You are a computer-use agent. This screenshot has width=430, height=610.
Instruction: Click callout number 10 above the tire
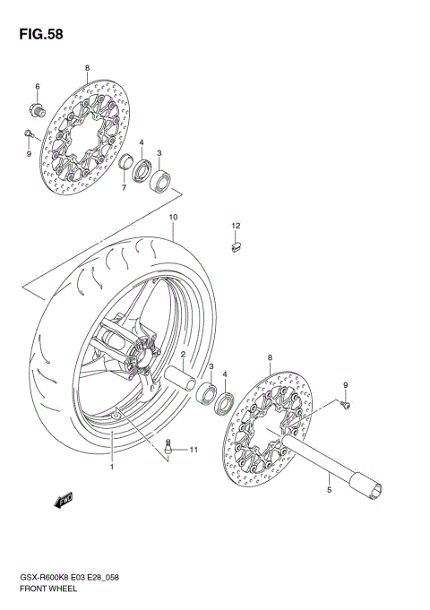click(x=174, y=218)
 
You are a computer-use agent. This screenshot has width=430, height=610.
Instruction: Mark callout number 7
click(x=125, y=189)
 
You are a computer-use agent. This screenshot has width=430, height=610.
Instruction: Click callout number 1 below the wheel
click(x=112, y=467)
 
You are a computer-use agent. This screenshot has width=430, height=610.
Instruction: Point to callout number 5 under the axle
click(x=329, y=489)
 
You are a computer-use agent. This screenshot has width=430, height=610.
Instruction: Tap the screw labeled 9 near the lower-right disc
click(x=348, y=406)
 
